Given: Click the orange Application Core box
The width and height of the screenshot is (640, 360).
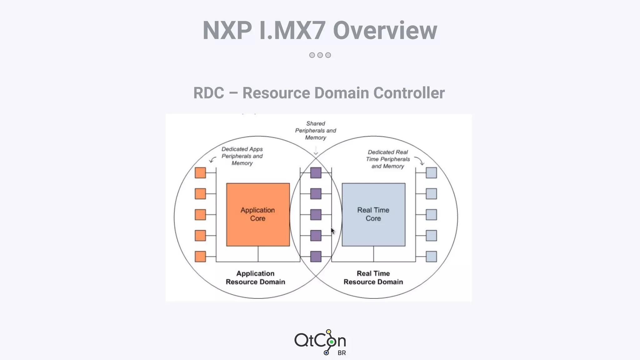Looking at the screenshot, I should coord(258,214).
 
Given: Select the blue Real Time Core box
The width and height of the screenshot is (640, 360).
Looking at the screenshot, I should coord(373,214).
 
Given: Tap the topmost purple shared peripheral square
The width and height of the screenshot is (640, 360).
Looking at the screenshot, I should coord(316,173).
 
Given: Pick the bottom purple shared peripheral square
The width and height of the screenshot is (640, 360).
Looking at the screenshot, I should coord(316,257).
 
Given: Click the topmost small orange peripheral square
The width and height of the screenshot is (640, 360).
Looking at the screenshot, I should coord(200,173).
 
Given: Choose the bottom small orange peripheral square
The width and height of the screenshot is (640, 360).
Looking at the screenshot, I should coord(200,257).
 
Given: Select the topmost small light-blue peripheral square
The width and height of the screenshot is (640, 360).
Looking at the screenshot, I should coord(431,173).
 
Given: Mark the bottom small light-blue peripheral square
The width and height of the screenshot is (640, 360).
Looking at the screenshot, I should coord(431,257).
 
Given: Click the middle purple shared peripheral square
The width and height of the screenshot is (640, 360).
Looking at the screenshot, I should coord(316,215).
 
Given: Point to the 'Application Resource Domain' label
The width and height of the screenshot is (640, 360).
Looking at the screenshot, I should coord(255,277).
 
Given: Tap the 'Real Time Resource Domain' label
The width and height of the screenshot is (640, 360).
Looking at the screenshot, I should coord(373,277).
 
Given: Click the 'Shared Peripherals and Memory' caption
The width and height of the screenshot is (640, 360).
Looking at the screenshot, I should coord(316,131).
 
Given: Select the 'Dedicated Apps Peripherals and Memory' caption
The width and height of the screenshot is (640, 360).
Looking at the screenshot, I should coord(242,156).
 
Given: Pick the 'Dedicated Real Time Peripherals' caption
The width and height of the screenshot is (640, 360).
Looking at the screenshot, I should coord(388,159).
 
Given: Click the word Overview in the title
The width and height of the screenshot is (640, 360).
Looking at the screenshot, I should coord(385,31).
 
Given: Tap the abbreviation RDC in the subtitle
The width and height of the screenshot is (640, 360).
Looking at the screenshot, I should coord(209,93).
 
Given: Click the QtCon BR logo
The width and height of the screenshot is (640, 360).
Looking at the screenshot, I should coord(320,342).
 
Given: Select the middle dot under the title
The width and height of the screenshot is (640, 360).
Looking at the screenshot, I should coord(320,55).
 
